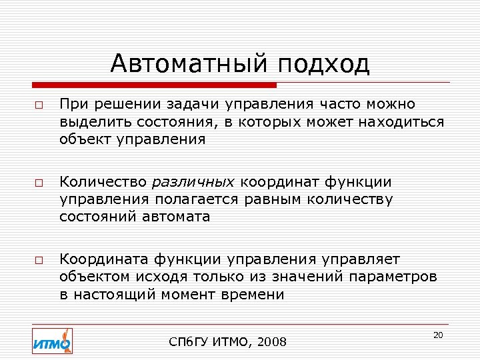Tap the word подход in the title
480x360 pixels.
coord(325,64)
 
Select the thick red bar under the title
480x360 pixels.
coord(155,85)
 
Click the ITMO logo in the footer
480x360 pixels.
coord(52,342)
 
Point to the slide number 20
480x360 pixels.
coord(438,335)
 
